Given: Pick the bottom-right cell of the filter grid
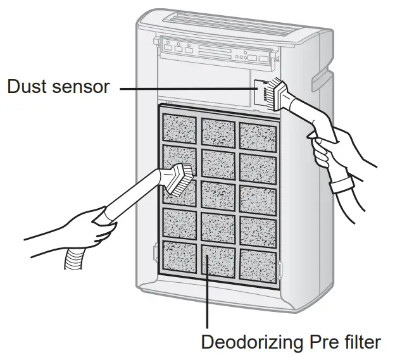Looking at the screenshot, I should [258, 264].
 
